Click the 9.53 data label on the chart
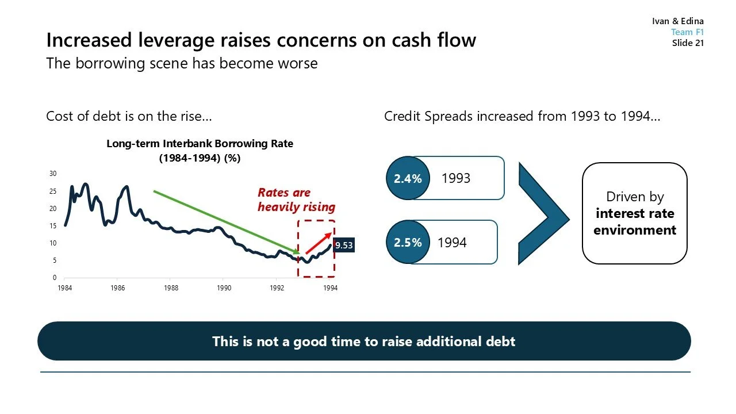[343, 246]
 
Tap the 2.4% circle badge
[408, 179]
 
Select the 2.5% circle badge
[408, 243]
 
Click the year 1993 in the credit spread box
[455, 178]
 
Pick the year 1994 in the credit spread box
[452, 243]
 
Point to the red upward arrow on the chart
[318, 243]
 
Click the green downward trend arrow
[226, 221]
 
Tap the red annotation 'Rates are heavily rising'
[296, 200]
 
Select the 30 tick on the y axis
[53, 174]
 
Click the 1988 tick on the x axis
[171, 288]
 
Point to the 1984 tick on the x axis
[65, 288]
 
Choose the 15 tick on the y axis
[53, 226]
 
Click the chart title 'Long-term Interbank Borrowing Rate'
[200, 144]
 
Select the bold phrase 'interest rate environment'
[634, 222]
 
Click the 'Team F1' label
[687, 32]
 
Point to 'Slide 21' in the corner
[688, 43]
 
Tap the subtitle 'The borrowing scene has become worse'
[182, 63]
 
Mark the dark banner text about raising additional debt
[363, 342]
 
